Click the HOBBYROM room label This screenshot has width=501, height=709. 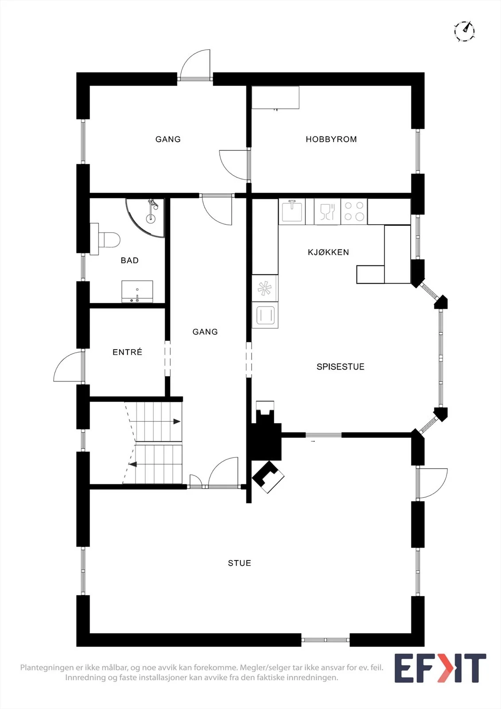coord(331,139)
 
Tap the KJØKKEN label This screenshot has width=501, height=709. coord(328,252)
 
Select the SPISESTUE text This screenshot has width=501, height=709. coord(340,366)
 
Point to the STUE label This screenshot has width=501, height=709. coord(239,563)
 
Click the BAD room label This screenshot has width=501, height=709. coord(129,260)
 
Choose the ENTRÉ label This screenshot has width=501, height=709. coord(127,352)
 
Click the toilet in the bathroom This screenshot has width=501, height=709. coord(105,239)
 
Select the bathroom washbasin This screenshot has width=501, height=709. coord(137,292)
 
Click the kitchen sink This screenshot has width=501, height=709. coord(292,211)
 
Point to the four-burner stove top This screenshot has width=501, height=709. coord(354,211)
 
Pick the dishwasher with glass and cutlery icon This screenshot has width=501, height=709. coord(327,211)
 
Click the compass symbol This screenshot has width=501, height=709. coord(464,31)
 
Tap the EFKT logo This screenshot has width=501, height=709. coord(440,668)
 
